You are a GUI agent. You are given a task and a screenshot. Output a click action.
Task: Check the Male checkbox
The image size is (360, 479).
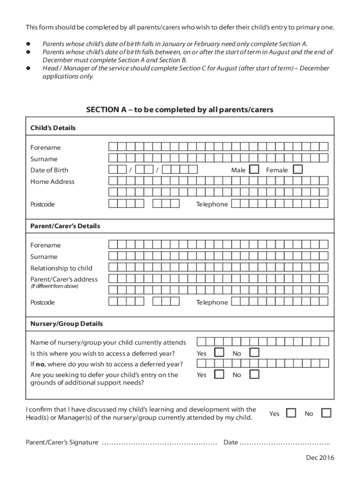(254, 170)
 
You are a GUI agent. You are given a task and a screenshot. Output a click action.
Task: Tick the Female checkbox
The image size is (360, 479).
(298, 170)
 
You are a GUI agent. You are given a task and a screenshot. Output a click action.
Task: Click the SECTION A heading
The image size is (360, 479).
(180, 109)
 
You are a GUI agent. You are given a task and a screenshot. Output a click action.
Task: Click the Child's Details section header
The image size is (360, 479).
(53, 128)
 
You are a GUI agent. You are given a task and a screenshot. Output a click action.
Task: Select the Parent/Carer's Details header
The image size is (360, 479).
(65, 226)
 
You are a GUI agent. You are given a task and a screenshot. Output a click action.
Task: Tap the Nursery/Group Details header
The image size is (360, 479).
(66, 324)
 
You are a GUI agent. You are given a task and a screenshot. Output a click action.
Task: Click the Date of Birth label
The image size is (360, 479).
(49, 170)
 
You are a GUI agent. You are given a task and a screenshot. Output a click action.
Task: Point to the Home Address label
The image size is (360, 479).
(52, 181)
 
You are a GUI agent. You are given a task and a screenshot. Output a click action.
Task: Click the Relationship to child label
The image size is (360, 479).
(61, 268)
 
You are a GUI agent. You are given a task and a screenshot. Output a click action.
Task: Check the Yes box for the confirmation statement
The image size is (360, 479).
(291, 413)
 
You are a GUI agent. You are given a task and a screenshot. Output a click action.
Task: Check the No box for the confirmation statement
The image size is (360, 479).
(326, 413)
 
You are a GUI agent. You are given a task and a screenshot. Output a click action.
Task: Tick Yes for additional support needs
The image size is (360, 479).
(219, 374)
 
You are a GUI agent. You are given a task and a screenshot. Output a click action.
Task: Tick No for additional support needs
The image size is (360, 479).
(254, 374)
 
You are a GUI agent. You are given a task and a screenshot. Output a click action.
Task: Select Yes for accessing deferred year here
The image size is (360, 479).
(219, 353)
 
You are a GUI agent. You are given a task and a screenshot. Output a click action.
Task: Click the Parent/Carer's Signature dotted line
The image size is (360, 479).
(159, 443)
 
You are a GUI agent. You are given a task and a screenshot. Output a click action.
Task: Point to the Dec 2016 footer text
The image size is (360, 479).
(321, 458)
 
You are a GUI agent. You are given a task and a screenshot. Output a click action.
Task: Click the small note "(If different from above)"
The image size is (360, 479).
(54, 286)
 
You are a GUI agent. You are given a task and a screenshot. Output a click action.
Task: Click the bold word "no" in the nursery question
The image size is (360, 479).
(41, 364)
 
